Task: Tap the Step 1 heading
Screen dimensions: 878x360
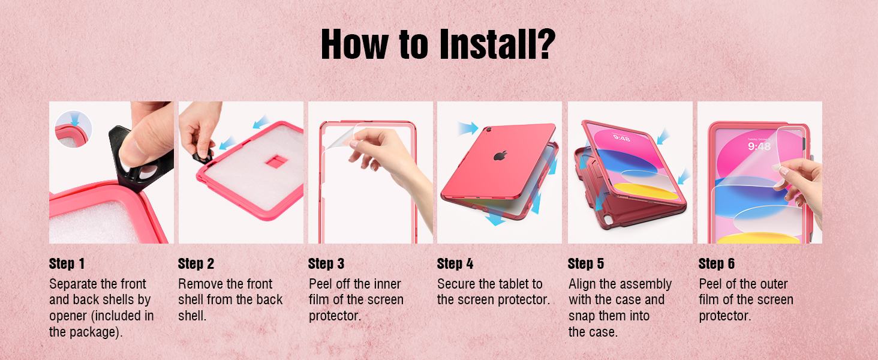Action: (67, 263)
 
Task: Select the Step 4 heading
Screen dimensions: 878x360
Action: (455, 263)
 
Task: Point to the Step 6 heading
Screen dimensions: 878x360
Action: (717, 263)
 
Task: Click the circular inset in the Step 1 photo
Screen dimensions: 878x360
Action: (73, 129)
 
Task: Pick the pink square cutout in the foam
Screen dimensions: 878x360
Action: (276, 161)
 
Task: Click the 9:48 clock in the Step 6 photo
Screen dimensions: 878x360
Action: (759, 146)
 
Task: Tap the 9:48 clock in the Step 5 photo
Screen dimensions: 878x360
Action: (622, 138)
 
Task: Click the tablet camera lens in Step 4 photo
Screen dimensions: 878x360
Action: (488, 130)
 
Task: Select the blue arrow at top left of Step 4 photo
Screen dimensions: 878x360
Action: (468, 128)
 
